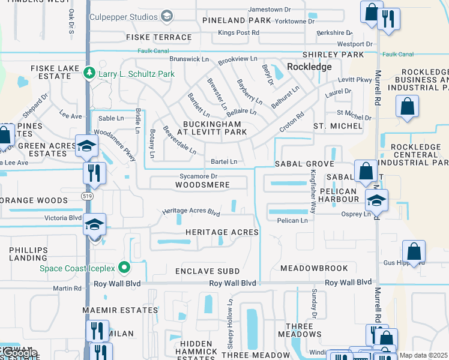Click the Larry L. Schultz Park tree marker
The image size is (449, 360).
[89, 72]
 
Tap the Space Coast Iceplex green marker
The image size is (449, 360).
[124, 267]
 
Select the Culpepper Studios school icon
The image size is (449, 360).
[167, 17]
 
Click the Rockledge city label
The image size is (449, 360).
[309, 67]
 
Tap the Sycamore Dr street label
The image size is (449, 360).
[197, 176]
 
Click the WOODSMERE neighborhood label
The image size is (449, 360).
[202, 185]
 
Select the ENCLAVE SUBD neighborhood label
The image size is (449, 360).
[207, 272]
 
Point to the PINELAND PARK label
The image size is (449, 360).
[237, 20]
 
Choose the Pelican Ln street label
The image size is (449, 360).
[292, 221]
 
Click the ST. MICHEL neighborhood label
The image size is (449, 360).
[338, 126]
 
